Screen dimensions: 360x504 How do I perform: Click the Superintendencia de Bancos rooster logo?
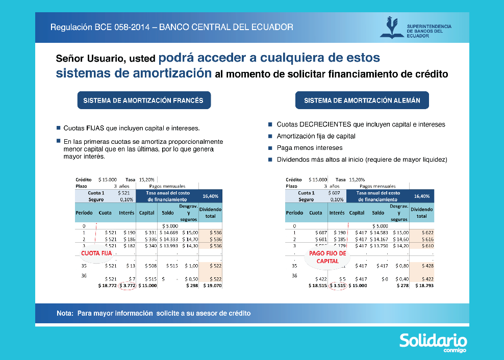click(391, 28)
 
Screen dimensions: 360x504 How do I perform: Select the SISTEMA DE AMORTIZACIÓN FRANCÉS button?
click(143, 100)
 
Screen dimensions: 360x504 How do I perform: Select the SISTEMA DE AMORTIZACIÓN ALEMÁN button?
click(362, 100)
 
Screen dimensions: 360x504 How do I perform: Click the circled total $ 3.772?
click(127, 286)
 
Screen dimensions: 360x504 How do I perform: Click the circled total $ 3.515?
click(337, 286)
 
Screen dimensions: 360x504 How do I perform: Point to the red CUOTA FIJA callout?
click(96, 253)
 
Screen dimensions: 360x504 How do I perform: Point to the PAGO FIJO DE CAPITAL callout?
click(327, 257)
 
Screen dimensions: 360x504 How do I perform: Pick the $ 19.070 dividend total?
click(210, 286)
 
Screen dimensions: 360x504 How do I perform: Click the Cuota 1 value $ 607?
click(334, 193)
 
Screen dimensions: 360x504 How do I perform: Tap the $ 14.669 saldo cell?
click(168, 232)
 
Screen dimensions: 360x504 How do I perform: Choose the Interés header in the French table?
click(127, 213)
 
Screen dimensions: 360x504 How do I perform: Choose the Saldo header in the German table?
click(378, 213)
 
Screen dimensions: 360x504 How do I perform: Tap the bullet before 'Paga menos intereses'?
click(270, 148)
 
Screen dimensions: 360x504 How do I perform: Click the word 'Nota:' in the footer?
click(65, 313)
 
